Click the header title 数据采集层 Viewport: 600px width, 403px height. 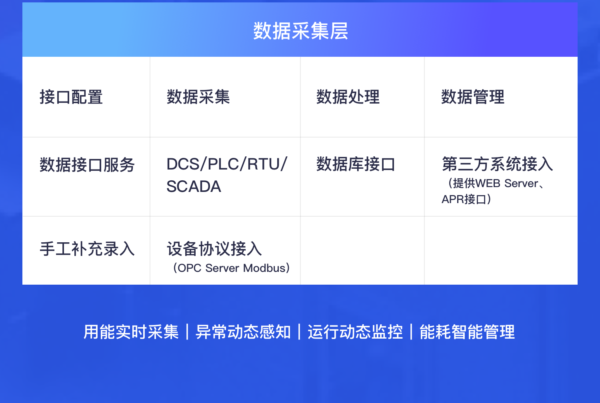(300, 31)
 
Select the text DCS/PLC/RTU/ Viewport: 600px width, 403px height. (227, 164)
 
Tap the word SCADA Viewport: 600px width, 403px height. (194, 186)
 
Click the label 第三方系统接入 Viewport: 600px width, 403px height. (498, 164)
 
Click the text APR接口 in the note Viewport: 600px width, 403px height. (464, 199)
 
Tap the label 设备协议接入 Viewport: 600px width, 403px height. (214, 249)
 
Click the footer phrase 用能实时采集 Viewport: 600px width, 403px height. (131, 332)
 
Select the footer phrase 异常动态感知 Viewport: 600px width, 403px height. (243, 332)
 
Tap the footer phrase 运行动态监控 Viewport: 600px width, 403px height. (355, 332)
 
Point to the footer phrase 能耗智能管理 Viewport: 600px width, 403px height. (467, 332)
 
